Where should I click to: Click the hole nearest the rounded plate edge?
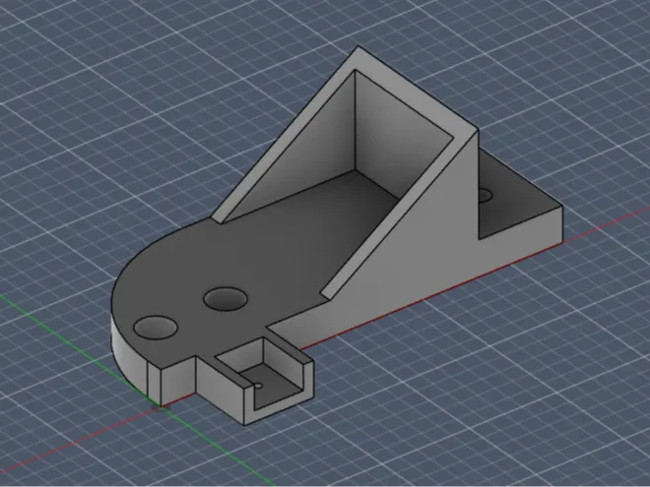tap(155, 326)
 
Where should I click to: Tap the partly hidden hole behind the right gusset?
tap(484, 196)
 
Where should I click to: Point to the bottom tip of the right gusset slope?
tap(326, 292)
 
